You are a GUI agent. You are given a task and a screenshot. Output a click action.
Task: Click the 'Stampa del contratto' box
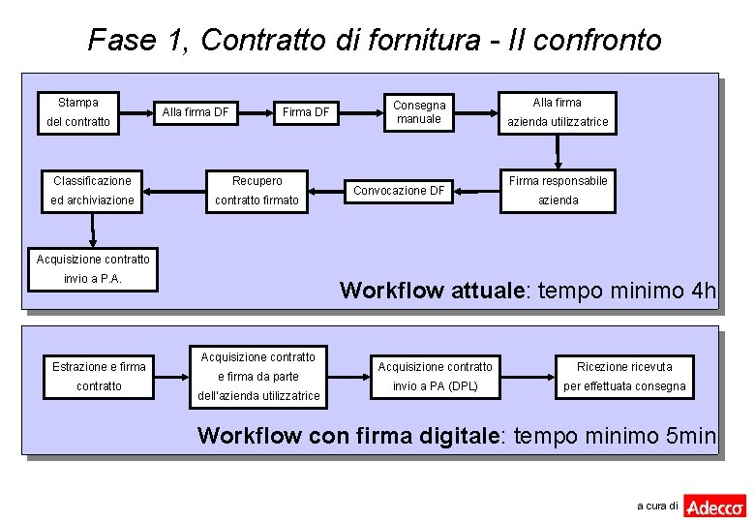(78, 112)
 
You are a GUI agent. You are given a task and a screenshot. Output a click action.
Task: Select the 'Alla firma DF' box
(196, 112)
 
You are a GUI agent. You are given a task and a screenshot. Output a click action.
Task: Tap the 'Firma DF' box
(306, 112)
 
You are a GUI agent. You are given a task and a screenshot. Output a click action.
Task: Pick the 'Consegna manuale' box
(419, 112)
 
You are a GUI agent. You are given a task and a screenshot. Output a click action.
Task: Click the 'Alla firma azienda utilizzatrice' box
(558, 112)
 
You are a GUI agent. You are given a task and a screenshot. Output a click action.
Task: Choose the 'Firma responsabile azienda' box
(558, 190)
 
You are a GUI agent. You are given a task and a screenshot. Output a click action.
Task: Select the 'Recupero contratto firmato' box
(257, 191)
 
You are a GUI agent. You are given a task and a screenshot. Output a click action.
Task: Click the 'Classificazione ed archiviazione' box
(93, 191)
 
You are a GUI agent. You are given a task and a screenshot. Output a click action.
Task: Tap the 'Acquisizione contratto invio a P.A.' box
(93, 269)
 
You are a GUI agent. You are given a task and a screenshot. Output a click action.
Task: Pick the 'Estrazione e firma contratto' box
(99, 376)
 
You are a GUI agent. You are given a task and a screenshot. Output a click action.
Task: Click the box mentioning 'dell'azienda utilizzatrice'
(258, 377)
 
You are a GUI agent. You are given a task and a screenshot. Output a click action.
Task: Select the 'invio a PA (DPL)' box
(435, 376)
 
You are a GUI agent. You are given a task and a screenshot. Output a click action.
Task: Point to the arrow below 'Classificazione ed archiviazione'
(93, 230)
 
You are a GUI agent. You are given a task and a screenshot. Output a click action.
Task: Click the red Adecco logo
(714, 506)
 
